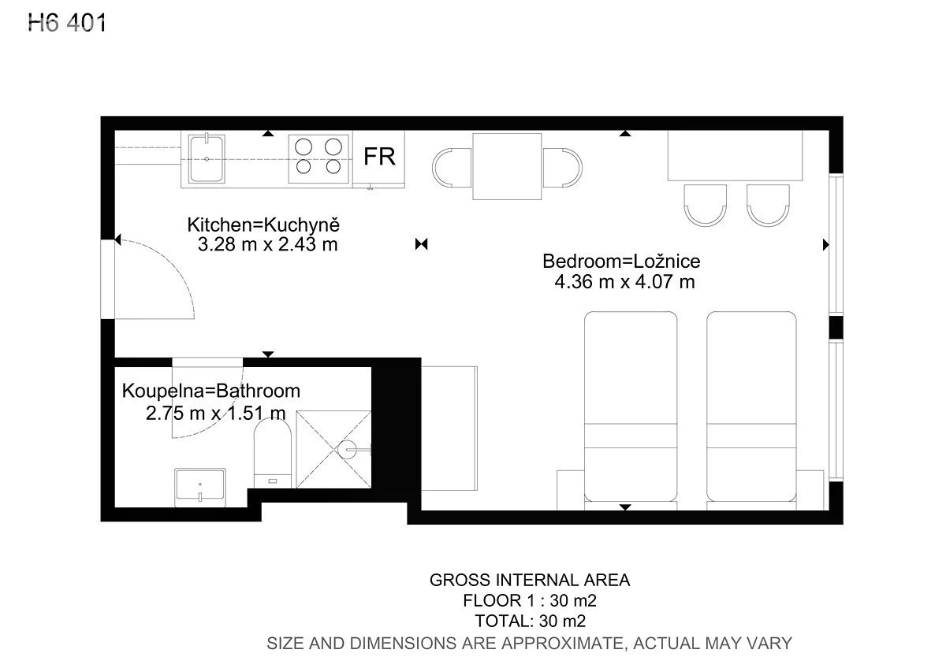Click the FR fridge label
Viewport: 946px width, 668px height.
(379, 157)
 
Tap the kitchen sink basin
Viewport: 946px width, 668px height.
(207, 158)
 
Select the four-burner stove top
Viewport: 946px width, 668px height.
(318, 158)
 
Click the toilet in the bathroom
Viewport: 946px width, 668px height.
(273, 453)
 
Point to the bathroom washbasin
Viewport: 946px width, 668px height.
(200, 488)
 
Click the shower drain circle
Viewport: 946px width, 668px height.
(348, 450)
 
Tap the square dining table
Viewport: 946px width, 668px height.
(507, 167)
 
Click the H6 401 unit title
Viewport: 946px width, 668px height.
(67, 23)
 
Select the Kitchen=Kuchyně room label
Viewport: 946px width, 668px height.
(263, 225)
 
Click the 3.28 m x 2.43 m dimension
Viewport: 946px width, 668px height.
(268, 245)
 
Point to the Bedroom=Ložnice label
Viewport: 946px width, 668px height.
(621, 262)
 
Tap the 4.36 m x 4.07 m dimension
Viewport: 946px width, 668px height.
(624, 282)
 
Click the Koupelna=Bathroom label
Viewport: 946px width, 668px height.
(211, 392)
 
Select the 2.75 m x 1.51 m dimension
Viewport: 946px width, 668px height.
(216, 413)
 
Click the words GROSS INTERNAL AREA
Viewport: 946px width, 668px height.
(530, 581)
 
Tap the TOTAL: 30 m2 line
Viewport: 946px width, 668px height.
(531, 622)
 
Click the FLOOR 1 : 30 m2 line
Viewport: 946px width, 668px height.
(530, 600)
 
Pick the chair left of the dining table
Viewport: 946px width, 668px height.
(452, 168)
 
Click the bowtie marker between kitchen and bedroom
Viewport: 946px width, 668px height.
(422, 244)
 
